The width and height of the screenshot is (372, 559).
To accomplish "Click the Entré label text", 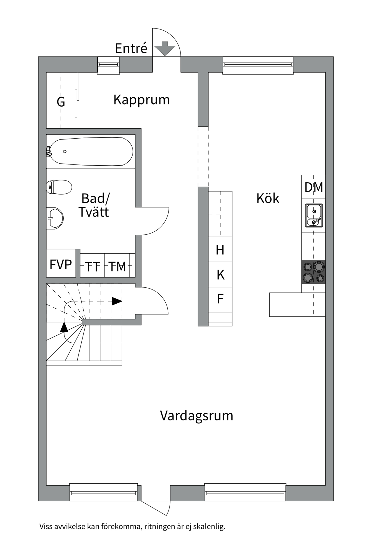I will [131, 48].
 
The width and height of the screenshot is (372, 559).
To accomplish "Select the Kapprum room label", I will [142, 100].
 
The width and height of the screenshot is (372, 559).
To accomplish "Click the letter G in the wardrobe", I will [61, 102].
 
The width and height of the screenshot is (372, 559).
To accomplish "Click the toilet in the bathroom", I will [59, 187].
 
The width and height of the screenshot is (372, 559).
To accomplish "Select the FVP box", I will [61, 264].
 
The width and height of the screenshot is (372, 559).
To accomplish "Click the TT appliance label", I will [92, 267].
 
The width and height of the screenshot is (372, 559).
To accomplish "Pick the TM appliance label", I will [117, 267].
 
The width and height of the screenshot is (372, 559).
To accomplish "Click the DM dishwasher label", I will [313, 187].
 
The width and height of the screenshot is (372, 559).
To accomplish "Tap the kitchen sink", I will [314, 215].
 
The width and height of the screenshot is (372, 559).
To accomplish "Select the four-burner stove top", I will [313, 272].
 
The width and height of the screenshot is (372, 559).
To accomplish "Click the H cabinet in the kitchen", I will [220, 250].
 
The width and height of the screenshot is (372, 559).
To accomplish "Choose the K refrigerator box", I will [220, 275].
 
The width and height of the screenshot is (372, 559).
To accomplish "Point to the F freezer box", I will [220, 299].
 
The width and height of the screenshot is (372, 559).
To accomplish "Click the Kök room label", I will [268, 199].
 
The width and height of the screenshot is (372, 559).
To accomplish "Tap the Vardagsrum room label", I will [196, 416].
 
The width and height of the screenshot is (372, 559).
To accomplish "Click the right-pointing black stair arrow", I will [117, 301].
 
